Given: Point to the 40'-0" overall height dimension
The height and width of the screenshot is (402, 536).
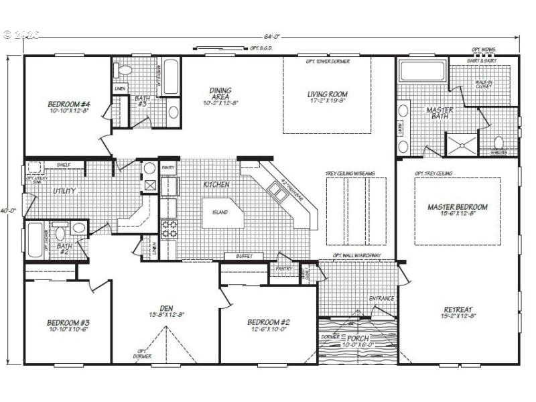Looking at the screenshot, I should point(7,210).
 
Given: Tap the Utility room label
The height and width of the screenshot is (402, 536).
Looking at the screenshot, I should point(65,191).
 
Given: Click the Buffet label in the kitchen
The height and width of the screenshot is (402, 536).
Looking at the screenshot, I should point(243,256).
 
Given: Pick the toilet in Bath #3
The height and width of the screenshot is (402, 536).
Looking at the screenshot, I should point(123,69).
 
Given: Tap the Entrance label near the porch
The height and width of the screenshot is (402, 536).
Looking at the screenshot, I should point(381,298).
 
